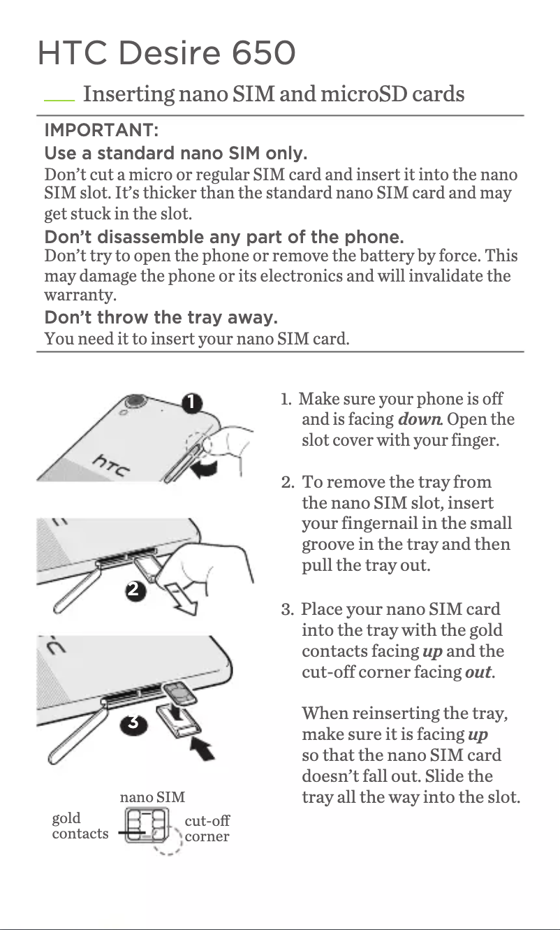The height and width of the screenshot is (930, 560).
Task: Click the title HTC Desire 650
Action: [166, 53]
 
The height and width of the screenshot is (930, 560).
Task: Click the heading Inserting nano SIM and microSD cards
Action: [273, 94]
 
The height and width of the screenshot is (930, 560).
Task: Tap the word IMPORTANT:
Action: [101, 131]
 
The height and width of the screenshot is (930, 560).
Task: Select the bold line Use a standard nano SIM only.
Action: [176, 152]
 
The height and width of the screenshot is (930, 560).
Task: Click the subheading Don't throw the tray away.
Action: [161, 319]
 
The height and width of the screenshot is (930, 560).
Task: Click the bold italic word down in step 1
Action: [419, 420]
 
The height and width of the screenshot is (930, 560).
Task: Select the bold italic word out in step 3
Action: [479, 672]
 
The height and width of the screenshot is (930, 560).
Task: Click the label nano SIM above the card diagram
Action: [152, 797]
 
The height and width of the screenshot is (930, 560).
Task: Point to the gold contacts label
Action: [80, 825]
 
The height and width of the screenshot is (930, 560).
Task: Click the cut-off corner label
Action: [207, 828]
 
